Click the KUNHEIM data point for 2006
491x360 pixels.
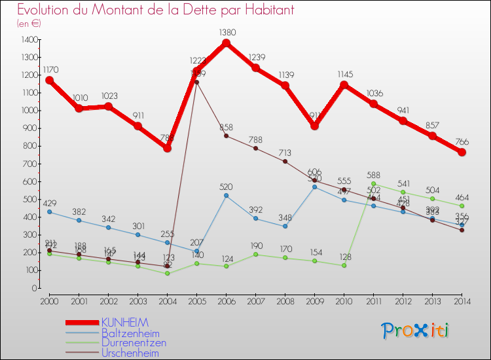pyautogui.click(x=226, y=43)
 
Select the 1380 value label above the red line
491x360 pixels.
pyautogui.click(x=227, y=32)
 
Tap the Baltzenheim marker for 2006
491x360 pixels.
pyautogui.click(x=226, y=195)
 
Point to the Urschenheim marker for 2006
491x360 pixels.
pyautogui.click(x=226, y=135)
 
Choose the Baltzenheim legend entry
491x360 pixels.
pyautogui.click(x=129, y=333)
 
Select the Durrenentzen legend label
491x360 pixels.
pyautogui.click(x=133, y=343)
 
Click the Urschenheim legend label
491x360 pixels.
pyautogui.click(x=130, y=353)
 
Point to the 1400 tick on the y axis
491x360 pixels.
pyautogui.click(x=29, y=40)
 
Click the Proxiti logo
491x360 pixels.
pyautogui.click(x=416, y=331)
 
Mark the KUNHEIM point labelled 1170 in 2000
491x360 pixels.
pyautogui.click(x=49, y=81)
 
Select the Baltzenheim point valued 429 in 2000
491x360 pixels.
pyautogui.click(x=49, y=211)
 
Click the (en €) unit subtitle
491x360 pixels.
pyautogui.click(x=29, y=24)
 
